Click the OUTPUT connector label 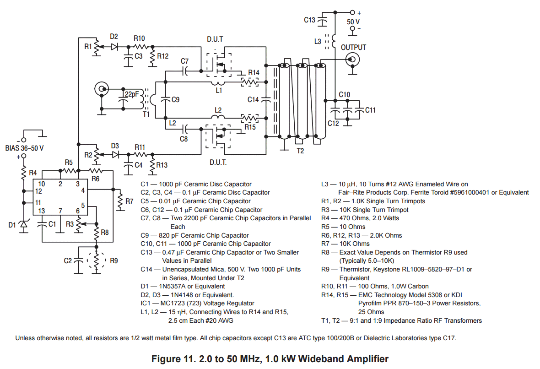[x=353, y=47]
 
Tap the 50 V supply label [x=353, y=22]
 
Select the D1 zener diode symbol [x=23, y=225]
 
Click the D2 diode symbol [x=114, y=46]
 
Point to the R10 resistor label [x=139, y=38]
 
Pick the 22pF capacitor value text [x=131, y=94]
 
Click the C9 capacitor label [x=175, y=99]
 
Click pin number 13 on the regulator [x=42, y=211]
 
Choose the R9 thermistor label [x=114, y=261]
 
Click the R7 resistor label [x=129, y=201]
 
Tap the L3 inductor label [x=318, y=41]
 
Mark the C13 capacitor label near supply [x=310, y=20]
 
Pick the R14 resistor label [x=254, y=73]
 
